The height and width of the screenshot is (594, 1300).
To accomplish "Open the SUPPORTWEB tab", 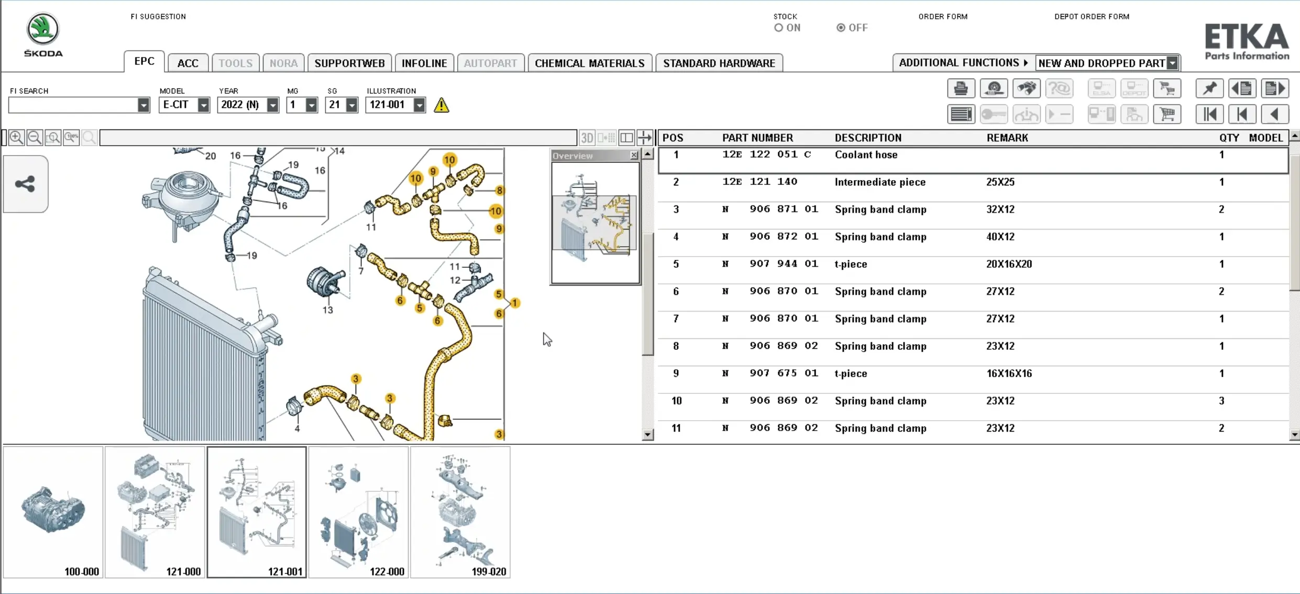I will click(x=349, y=63).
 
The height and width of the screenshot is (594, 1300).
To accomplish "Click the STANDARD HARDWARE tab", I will click(x=719, y=63).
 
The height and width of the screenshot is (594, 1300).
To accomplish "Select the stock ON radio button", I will click(x=779, y=28).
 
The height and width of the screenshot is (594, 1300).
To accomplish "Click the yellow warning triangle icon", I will click(x=442, y=105).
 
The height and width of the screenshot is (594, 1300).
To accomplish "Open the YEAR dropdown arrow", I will click(x=272, y=105).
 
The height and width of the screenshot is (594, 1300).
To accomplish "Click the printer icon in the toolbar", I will click(x=961, y=89).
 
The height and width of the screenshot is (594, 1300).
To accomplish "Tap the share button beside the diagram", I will click(x=25, y=184).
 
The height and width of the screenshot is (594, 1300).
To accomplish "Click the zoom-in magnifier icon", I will click(x=16, y=137).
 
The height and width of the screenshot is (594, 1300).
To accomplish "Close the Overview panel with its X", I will click(x=634, y=155).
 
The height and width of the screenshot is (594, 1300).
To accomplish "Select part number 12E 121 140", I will click(x=759, y=182).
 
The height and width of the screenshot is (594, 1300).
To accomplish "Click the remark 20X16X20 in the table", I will click(x=1009, y=264).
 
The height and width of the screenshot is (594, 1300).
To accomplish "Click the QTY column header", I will click(x=1229, y=138).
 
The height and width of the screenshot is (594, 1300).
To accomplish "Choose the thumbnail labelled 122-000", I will click(x=358, y=512).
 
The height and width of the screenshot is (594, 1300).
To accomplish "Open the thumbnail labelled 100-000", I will click(x=53, y=512).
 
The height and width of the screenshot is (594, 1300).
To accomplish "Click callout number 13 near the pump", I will click(x=327, y=310).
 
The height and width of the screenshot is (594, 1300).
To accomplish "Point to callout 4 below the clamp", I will click(x=297, y=428).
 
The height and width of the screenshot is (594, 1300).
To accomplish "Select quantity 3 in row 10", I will click(x=1221, y=401).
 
